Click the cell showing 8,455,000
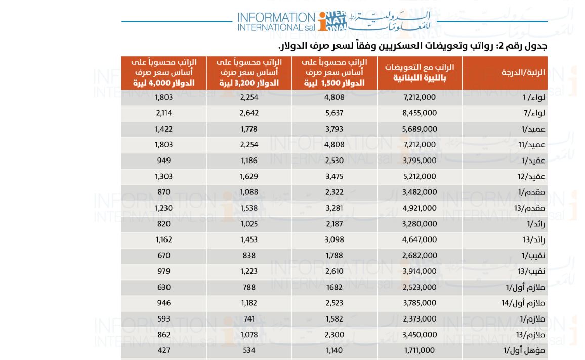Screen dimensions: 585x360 click(420, 113)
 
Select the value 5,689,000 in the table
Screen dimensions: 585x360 click(420, 129)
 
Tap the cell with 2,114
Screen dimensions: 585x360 click(164, 113)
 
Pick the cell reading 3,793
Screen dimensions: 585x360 click(335, 129)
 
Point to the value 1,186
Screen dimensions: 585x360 click(249, 161)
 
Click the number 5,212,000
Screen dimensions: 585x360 click(420, 176)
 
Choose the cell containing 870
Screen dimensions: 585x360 click(164, 192)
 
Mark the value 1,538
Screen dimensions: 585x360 click(249, 208)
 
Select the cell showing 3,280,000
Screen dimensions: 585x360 click(420, 224)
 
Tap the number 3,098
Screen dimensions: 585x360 click(335, 240)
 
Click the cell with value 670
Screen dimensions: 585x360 click(164, 255)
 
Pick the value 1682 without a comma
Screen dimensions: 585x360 click(335, 287)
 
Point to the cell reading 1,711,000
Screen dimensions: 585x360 click(420, 351)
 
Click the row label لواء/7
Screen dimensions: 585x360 click(534, 113)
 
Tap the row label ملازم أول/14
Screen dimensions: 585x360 click(523, 303)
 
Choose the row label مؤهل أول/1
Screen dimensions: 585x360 click(524, 351)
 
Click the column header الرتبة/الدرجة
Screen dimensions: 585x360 click(523, 73)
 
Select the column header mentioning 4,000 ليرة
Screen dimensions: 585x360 click(164, 72)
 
